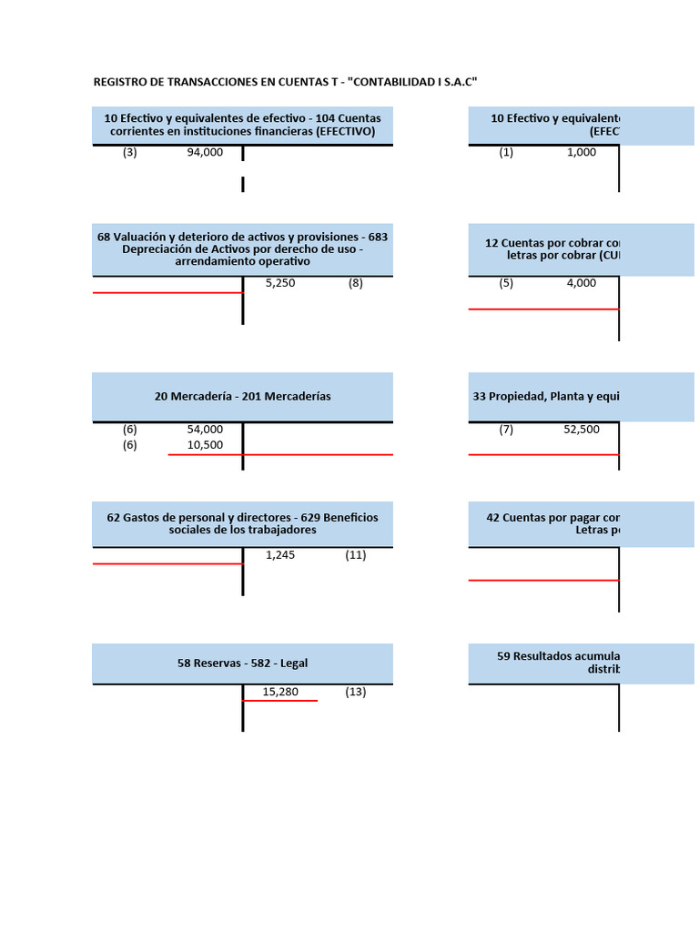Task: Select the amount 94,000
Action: click(205, 153)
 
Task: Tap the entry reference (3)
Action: click(130, 153)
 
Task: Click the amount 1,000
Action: click(582, 153)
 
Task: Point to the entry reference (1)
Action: click(506, 153)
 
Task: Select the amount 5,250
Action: click(280, 283)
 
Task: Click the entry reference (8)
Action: click(355, 283)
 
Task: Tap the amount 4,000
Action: click(582, 283)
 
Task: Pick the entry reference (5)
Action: click(506, 283)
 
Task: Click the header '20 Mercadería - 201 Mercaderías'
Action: click(242, 396)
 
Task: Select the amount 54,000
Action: click(205, 430)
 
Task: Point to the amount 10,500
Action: click(205, 445)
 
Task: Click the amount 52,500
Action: click(582, 430)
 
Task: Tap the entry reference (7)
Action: click(506, 430)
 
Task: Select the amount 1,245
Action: click(280, 554)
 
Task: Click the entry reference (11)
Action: click(355, 554)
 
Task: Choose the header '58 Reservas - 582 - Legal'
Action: click(242, 664)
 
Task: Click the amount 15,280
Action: click(280, 692)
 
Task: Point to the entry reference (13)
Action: click(355, 692)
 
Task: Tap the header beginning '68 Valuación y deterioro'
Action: click(242, 248)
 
